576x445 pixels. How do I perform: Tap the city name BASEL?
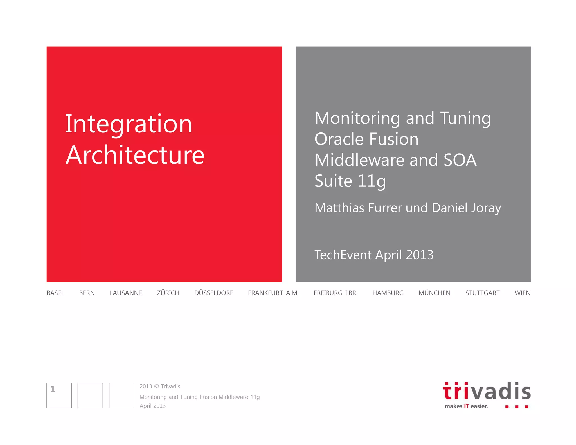tap(55, 293)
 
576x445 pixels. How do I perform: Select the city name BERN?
tap(87, 293)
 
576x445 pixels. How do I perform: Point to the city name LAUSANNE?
tap(126, 293)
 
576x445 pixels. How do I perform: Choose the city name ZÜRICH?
tap(168, 293)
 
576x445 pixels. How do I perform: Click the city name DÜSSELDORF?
tap(214, 293)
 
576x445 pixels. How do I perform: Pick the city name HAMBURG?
tap(388, 293)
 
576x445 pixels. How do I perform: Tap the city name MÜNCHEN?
tap(434, 293)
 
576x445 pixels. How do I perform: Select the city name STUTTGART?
tap(482, 293)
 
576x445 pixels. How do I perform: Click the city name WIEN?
tap(523, 293)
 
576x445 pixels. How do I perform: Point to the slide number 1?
tap(53, 389)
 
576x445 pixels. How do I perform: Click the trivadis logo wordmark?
tap(487, 391)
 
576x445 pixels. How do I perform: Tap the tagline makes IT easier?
tap(466, 406)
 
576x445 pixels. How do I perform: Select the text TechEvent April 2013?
tap(374, 255)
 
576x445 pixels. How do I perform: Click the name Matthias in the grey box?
tap(339, 208)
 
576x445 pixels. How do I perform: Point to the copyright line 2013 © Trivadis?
tap(160, 386)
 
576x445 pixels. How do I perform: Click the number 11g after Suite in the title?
tap(372, 181)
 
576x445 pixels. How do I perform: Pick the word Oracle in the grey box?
tap(338, 139)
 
